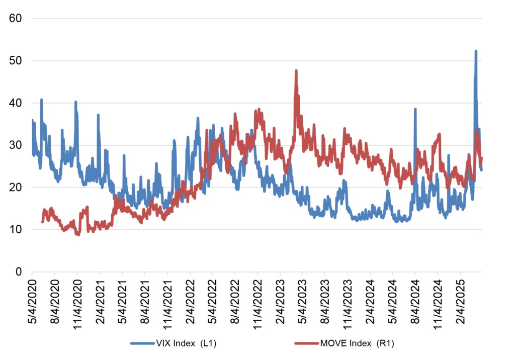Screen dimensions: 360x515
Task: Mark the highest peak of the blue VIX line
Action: pyautogui.click(x=476, y=51)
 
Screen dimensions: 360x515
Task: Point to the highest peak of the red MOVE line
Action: pyautogui.click(x=296, y=71)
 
